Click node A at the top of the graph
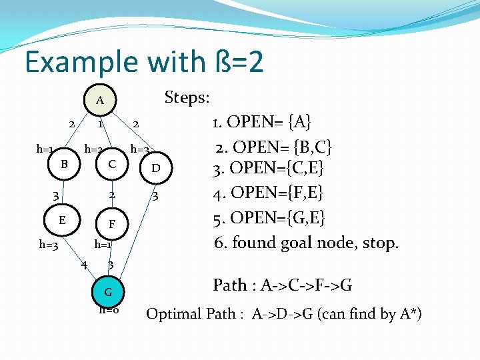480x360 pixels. click(99, 101)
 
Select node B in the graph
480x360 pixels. click(63, 164)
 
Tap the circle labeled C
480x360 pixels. click(112, 164)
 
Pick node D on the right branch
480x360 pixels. click(155, 168)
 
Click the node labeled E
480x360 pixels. click(61, 219)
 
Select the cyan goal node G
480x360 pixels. click(107, 291)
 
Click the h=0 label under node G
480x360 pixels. click(109, 310)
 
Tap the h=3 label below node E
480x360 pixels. click(48, 245)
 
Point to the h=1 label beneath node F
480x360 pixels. click(103, 244)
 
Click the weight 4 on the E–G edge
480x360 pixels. click(84, 265)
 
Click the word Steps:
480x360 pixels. click(187, 98)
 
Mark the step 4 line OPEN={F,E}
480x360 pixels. click(268, 194)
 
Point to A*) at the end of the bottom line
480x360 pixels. click(410, 314)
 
